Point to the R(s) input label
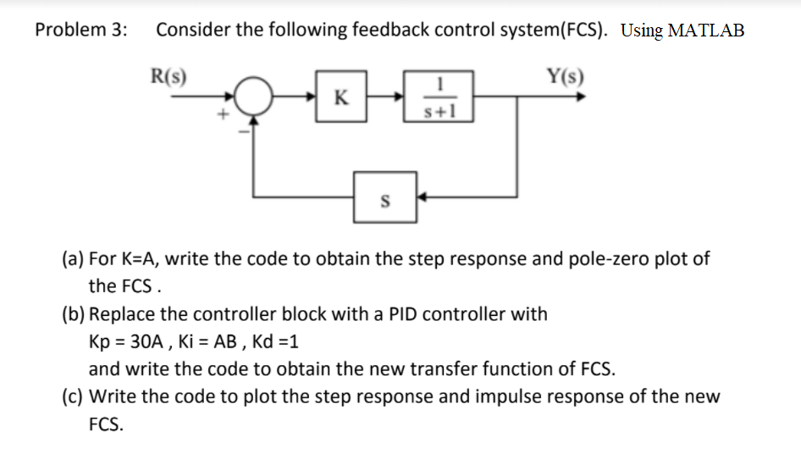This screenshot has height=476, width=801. point(168,75)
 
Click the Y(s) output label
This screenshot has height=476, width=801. point(565,75)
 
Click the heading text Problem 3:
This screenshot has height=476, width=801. point(82,30)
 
